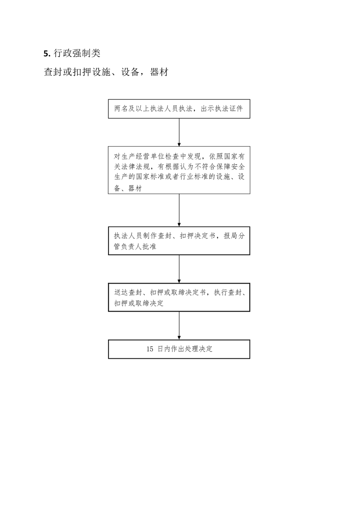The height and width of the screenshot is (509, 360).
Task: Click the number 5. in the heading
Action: click(47, 54)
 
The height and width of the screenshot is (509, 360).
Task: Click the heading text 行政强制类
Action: click(77, 53)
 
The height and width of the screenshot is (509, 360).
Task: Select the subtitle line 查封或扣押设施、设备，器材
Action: click(106, 72)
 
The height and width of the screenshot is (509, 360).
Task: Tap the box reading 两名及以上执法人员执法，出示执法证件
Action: click(179, 109)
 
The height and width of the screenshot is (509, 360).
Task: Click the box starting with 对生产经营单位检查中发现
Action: click(179, 170)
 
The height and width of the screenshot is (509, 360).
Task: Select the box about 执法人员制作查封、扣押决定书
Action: click(179, 241)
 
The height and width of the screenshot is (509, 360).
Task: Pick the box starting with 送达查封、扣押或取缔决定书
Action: click(179, 297)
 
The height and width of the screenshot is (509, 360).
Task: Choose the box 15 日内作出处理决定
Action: click(179, 349)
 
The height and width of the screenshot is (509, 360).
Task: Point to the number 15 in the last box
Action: click(150, 349)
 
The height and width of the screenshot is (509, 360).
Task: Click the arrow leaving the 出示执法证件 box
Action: click(179, 132)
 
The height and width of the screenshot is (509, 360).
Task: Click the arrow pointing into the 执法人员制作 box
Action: click(179, 210)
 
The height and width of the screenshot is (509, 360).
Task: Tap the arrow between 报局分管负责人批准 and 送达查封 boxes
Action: click(179, 269)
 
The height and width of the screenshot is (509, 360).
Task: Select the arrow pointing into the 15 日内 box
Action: click(179, 326)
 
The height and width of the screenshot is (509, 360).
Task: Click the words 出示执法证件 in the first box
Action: click(222, 109)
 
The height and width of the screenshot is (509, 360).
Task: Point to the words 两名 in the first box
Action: click(121, 109)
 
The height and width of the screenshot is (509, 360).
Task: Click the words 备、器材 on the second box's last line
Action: click(128, 188)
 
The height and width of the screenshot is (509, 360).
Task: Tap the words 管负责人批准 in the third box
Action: click(135, 247)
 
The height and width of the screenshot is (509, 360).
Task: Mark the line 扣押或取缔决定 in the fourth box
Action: click(139, 303)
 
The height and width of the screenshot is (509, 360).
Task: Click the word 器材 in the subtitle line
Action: click(159, 72)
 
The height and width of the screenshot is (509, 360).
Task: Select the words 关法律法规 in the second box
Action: click(132, 167)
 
